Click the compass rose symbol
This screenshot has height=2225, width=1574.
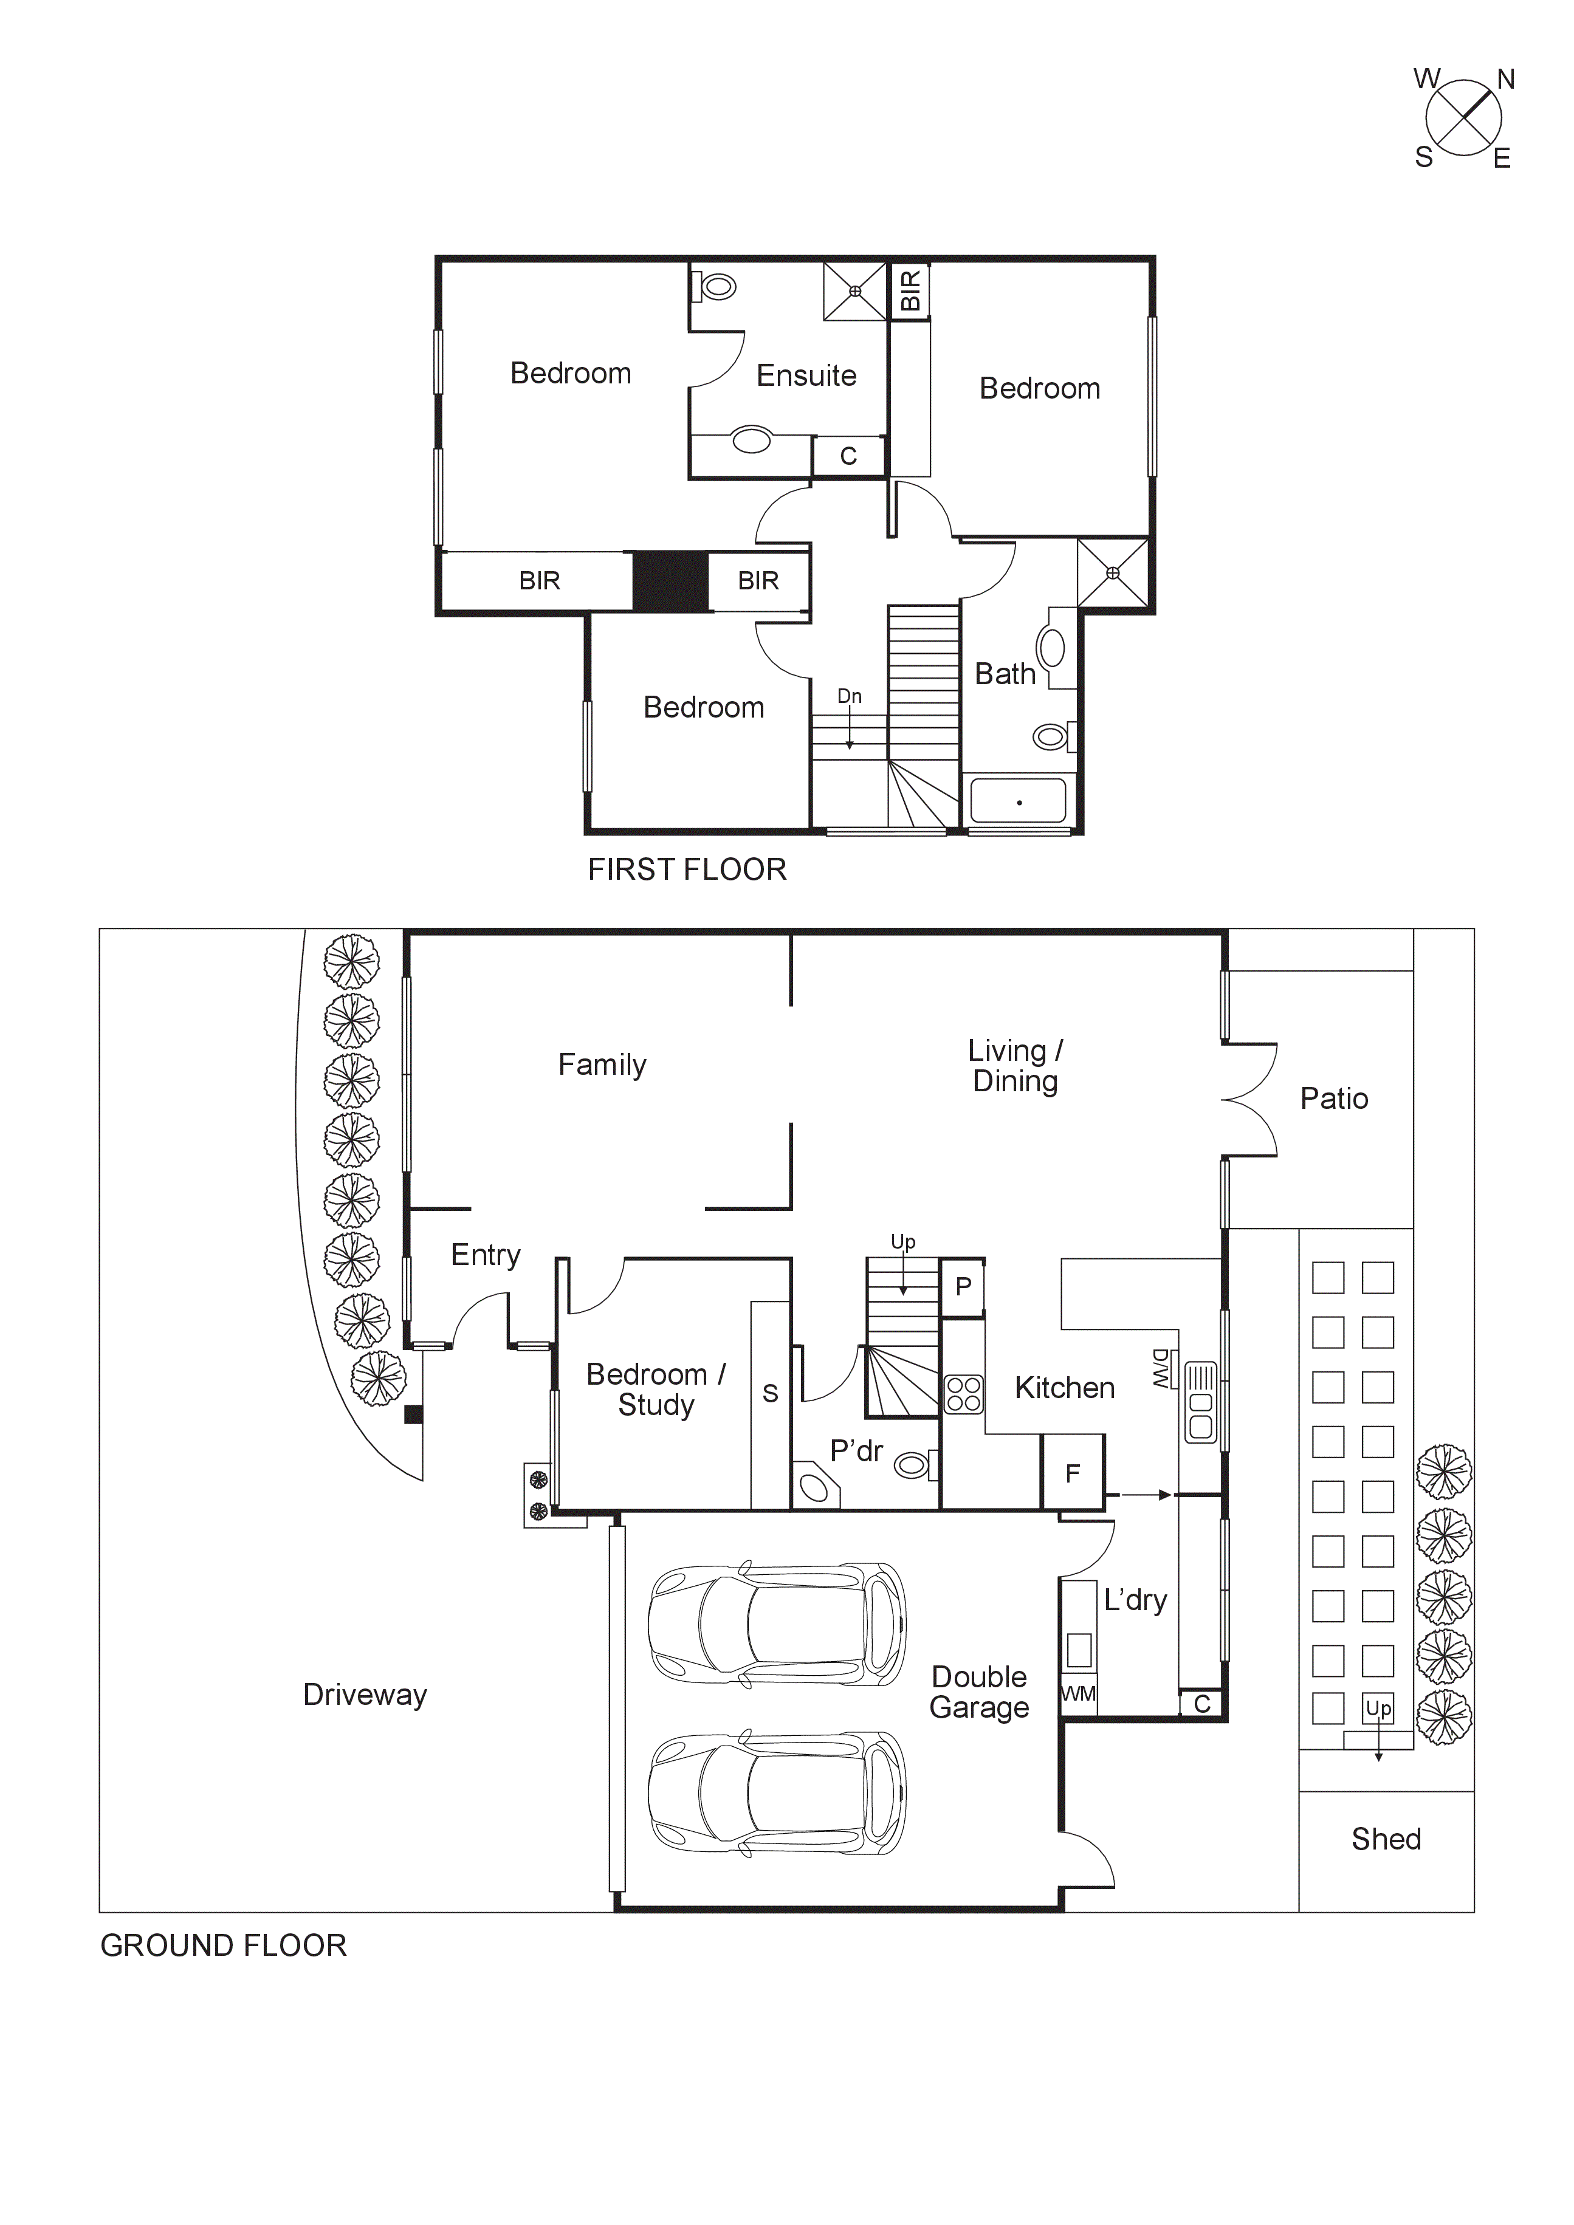pyautogui.click(x=1463, y=118)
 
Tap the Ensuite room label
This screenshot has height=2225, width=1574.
pyautogui.click(x=806, y=376)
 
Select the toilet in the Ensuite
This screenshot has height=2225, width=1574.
pyautogui.click(x=717, y=287)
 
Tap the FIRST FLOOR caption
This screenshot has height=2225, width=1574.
pyautogui.click(x=687, y=869)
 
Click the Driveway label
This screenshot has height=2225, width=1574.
pyautogui.click(x=365, y=1695)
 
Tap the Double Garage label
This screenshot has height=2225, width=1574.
pyautogui.click(x=979, y=1692)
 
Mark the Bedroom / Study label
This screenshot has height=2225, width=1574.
pyautogui.click(x=656, y=1389)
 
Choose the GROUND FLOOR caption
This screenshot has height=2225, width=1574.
pyautogui.click(x=223, y=1945)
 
